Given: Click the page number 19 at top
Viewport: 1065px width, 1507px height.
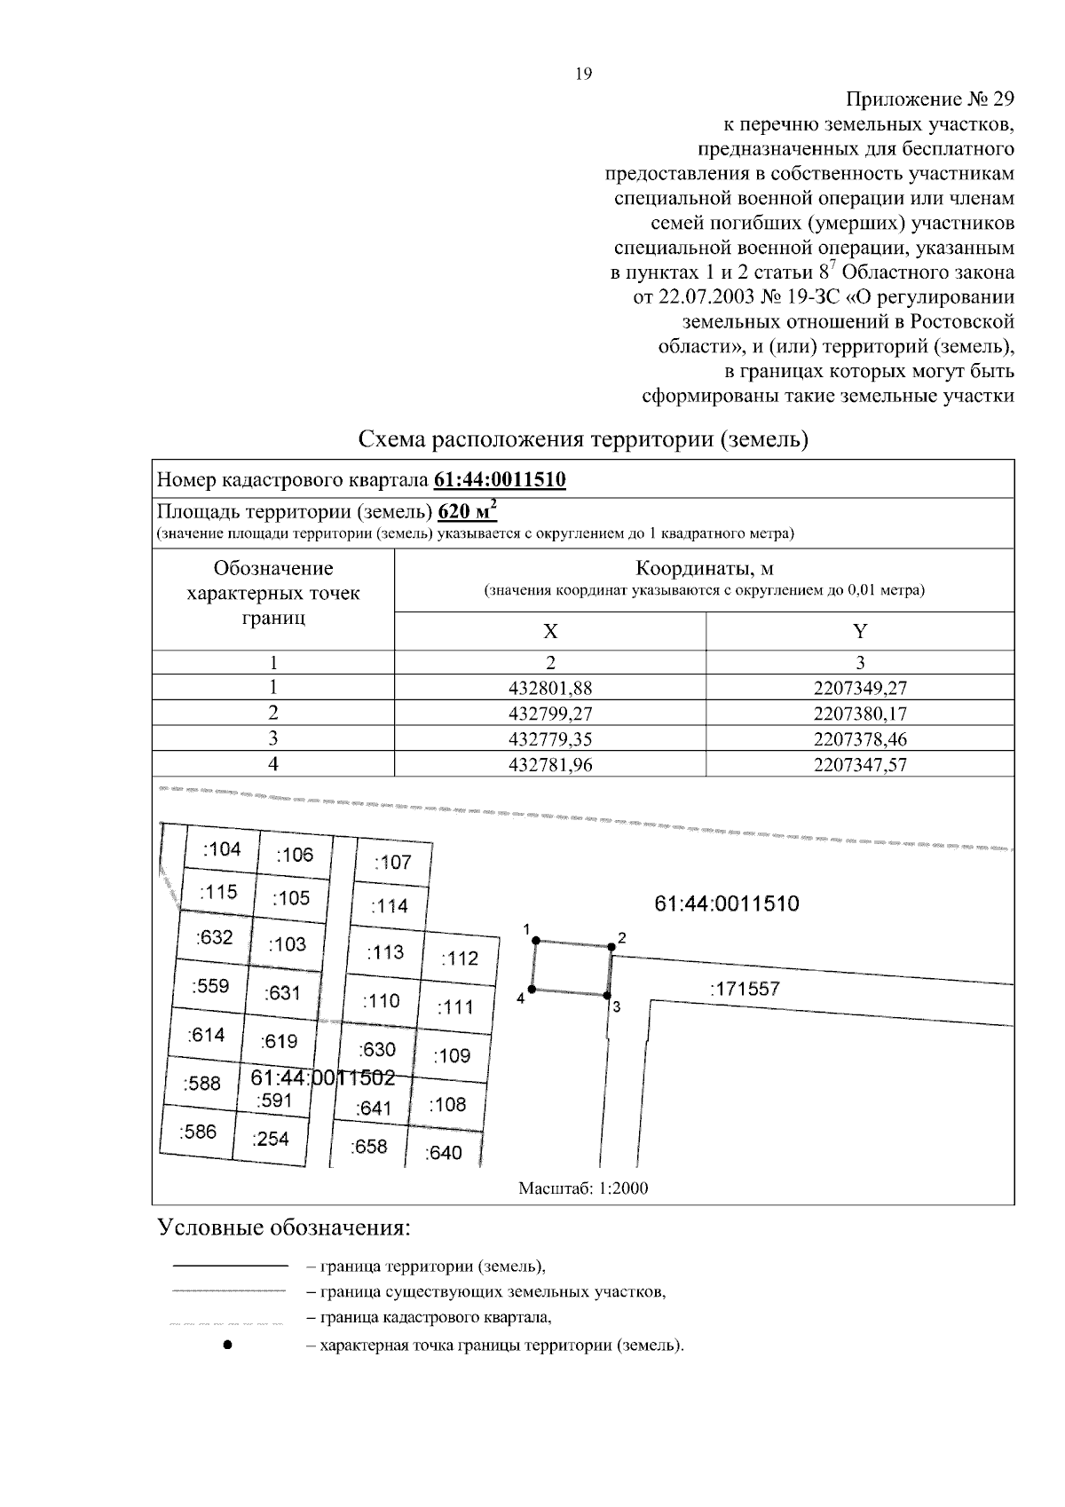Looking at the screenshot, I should coord(583,75).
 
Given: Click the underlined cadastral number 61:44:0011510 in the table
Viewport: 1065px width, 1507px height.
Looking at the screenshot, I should coord(500,480).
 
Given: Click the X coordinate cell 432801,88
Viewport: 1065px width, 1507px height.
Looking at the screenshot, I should coord(550,687).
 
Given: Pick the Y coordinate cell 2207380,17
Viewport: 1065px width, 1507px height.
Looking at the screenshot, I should coord(860,713).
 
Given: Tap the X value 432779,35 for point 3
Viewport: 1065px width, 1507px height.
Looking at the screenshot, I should coord(550,738).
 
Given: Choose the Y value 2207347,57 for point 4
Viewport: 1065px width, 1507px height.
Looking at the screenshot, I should coord(860,764).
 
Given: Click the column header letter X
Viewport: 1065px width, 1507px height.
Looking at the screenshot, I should coord(550,631).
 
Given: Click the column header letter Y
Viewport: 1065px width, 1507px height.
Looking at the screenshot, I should coord(860,631).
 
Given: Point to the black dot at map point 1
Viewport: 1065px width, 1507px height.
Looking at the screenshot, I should coord(536,940).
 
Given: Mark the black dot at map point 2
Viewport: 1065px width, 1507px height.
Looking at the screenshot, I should coord(611,947).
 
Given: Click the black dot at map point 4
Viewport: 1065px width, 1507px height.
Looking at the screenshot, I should coord(532,989).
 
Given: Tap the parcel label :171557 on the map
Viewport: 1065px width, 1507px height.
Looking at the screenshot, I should coord(745,989).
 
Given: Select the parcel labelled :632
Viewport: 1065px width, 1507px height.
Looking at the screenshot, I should coord(215,936).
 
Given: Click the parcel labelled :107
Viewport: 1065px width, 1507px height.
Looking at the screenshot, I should coord(392,862).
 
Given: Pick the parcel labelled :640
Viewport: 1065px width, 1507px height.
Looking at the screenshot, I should coord(444,1153).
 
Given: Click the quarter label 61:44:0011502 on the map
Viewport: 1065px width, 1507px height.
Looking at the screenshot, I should coord(322,1077).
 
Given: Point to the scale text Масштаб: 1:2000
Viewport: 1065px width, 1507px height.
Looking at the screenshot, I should coord(583,1188).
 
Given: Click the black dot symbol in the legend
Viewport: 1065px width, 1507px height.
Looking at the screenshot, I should coord(228,1345).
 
